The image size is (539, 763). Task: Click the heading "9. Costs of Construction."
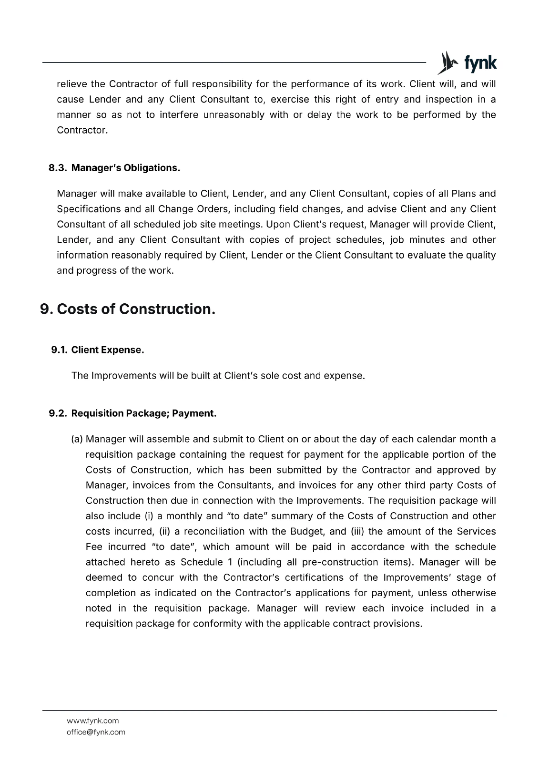[128, 309]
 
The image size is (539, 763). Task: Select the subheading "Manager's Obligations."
[126, 168]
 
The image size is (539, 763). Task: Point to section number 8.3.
[58, 168]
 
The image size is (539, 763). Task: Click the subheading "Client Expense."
[108, 350]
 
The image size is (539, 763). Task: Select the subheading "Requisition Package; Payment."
[144, 413]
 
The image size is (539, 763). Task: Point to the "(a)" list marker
[77, 439]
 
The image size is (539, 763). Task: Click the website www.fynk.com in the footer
[92, 721]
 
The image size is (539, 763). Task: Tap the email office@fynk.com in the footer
[96, 732]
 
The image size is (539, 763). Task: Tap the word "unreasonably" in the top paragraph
[234, 115]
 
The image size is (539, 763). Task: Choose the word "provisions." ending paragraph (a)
[399, 624]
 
